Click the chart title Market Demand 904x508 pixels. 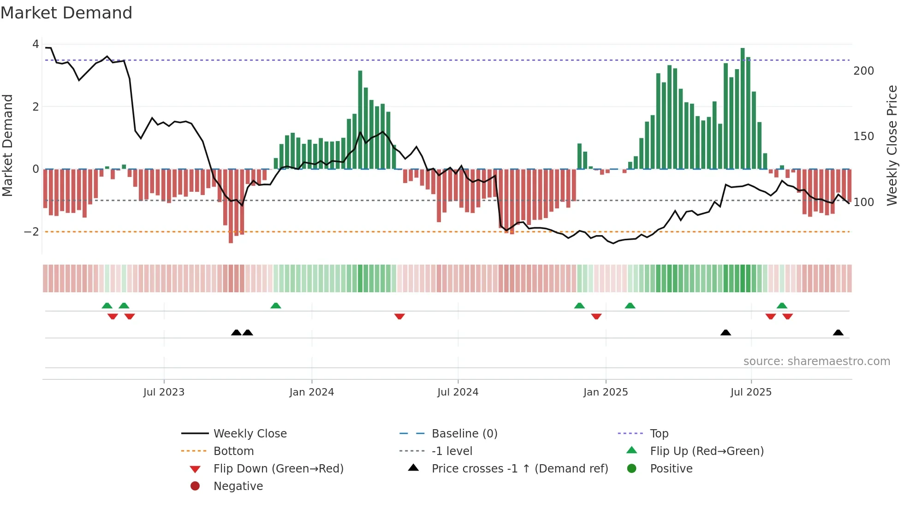pos(66,13)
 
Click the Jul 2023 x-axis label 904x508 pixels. pos(164,392)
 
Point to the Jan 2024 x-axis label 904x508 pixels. pos(311,392)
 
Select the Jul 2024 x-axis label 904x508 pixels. pos(458,392)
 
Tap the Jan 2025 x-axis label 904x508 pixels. pos(605,392)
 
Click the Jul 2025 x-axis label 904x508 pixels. pos(751,392)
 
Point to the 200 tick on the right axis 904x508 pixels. pos(863,71)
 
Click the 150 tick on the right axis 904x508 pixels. pos(863,136)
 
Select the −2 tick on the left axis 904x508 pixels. pos(31,232)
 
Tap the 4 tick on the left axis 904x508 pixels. pos(36,44)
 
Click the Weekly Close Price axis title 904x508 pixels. pos(892,145)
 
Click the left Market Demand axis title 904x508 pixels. pos(7,145)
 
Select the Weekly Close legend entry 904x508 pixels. pos(250,434)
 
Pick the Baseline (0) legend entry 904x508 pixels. pos(464,434)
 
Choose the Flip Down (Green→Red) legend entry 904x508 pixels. pos(278,469)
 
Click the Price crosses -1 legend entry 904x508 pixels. pos(519,469)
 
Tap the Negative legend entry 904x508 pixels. pos(238,486)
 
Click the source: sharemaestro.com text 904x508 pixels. pos(816,361)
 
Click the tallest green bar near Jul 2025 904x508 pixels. pos(743,108)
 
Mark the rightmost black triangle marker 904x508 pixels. pos(838,333)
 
